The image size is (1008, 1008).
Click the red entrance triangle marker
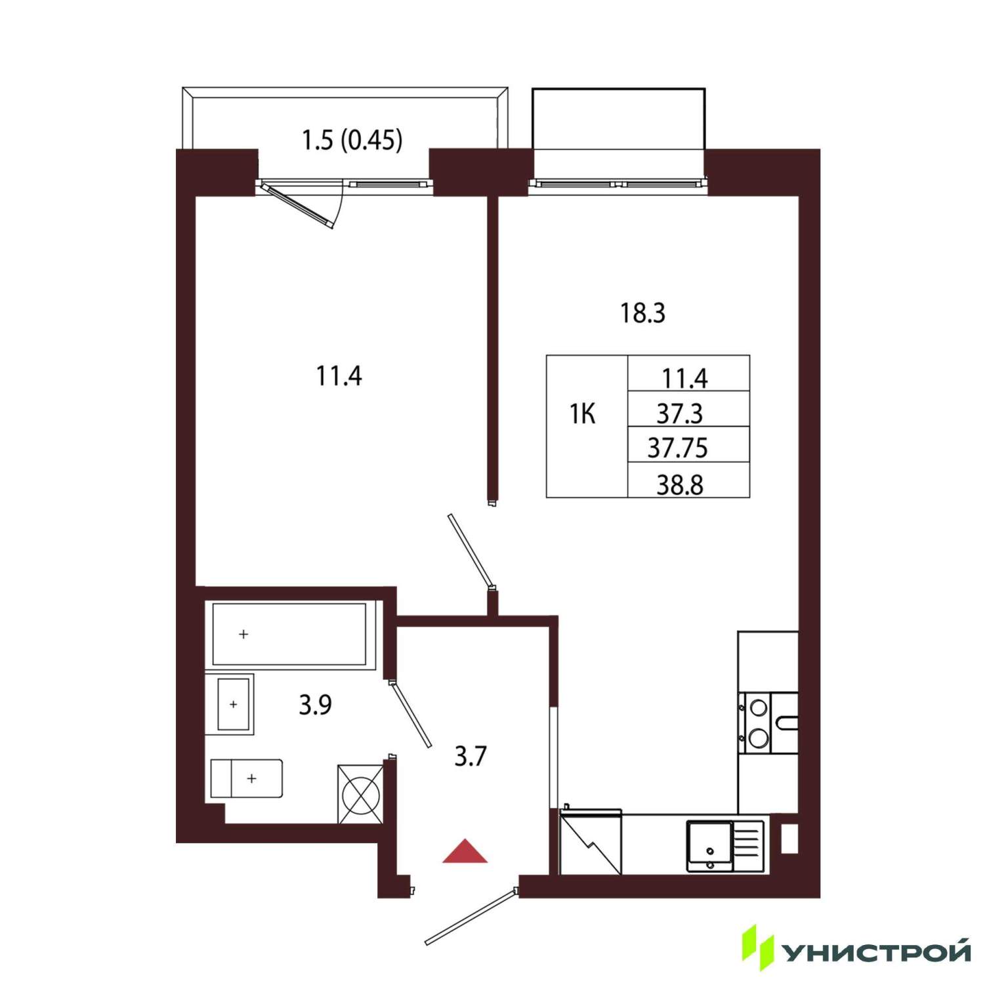(x=465, y=852)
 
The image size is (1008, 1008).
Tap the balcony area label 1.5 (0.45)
(x=352, y=140)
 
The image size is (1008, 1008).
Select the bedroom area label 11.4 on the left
(x=339, y=377)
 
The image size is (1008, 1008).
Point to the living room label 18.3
(x=643, y=313)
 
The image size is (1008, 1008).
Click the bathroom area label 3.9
(x=315, y=705)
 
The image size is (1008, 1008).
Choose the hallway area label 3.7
(x=471, y=757)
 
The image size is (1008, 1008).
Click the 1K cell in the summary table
(x=583, y=414)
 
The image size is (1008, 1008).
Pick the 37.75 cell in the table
(x=678, y=448)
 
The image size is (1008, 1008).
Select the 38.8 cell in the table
(x=680, y=485)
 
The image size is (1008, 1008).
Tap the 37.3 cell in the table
(x=680, y=413)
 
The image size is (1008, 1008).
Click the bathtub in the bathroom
(x=290, y=635)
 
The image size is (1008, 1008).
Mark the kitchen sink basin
(x=709, y=846)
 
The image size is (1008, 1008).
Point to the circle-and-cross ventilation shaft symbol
(x=360, y=794)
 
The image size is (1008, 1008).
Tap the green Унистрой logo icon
(x=758, y=947)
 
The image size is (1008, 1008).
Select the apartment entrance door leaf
(x=471, y=917)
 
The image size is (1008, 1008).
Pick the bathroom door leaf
(x=410, y=713)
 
